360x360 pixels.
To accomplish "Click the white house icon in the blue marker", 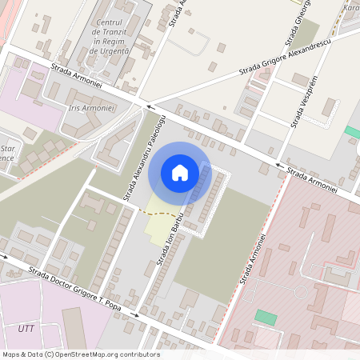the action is point(180,172).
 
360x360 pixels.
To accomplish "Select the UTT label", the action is point(26,328).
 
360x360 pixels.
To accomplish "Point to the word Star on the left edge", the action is point(10,148).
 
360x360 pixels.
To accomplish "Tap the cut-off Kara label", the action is point(350,7).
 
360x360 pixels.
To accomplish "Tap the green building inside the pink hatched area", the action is point(266,317).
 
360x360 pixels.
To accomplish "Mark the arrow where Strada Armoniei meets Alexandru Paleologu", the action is point(148,106).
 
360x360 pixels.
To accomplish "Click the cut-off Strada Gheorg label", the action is point(288,22).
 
